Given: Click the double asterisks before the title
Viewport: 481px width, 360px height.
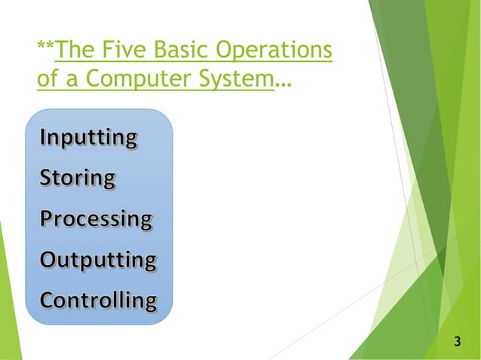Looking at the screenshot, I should point(45,48).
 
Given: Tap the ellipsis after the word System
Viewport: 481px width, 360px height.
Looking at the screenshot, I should point(283,84).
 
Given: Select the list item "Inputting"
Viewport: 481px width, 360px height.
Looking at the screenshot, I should point(88,139).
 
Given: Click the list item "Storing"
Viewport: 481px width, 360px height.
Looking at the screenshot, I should point(78,179).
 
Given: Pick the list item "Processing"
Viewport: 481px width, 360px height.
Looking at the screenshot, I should point(96,220).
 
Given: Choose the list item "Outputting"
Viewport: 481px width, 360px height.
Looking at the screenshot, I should point(98,261).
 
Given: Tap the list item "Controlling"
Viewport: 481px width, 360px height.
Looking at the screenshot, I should point(98,301).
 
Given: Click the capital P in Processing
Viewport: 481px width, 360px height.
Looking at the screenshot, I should point(46,219).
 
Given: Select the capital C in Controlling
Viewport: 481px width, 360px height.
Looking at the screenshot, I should point(47,301).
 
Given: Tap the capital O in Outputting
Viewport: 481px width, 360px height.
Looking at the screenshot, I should point(47,260).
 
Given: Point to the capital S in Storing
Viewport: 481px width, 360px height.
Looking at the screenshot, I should point(46,179).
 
